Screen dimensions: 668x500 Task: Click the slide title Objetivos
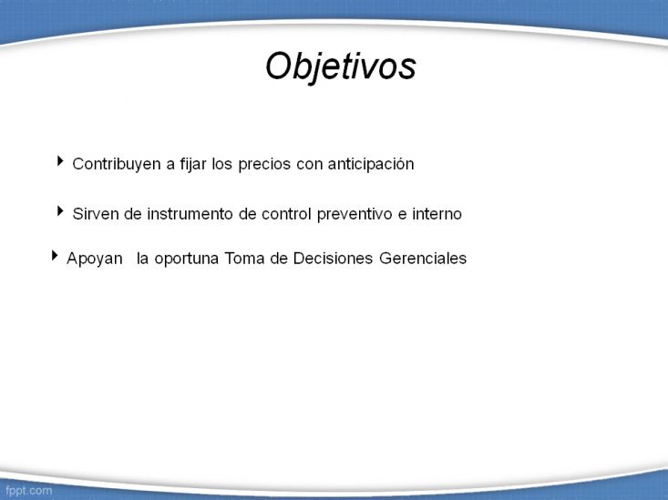(x=341, y=66)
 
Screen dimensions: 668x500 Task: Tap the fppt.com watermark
(x=28, y=490)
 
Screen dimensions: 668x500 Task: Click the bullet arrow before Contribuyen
(x=60, y=161)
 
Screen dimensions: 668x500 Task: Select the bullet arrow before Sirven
(x=60, y=210)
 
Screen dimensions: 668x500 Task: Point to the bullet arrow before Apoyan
(x=55, y=255)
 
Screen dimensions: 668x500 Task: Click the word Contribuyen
(x=117, y=164)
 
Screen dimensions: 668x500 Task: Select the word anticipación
(x=371, y=165)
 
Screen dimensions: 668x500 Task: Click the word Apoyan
(x=95, y=259)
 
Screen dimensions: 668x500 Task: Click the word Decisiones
(x=333, y=258)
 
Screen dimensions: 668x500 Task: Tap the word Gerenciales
(x=423, y=258)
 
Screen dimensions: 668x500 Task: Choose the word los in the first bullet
(x=222, y=164)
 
